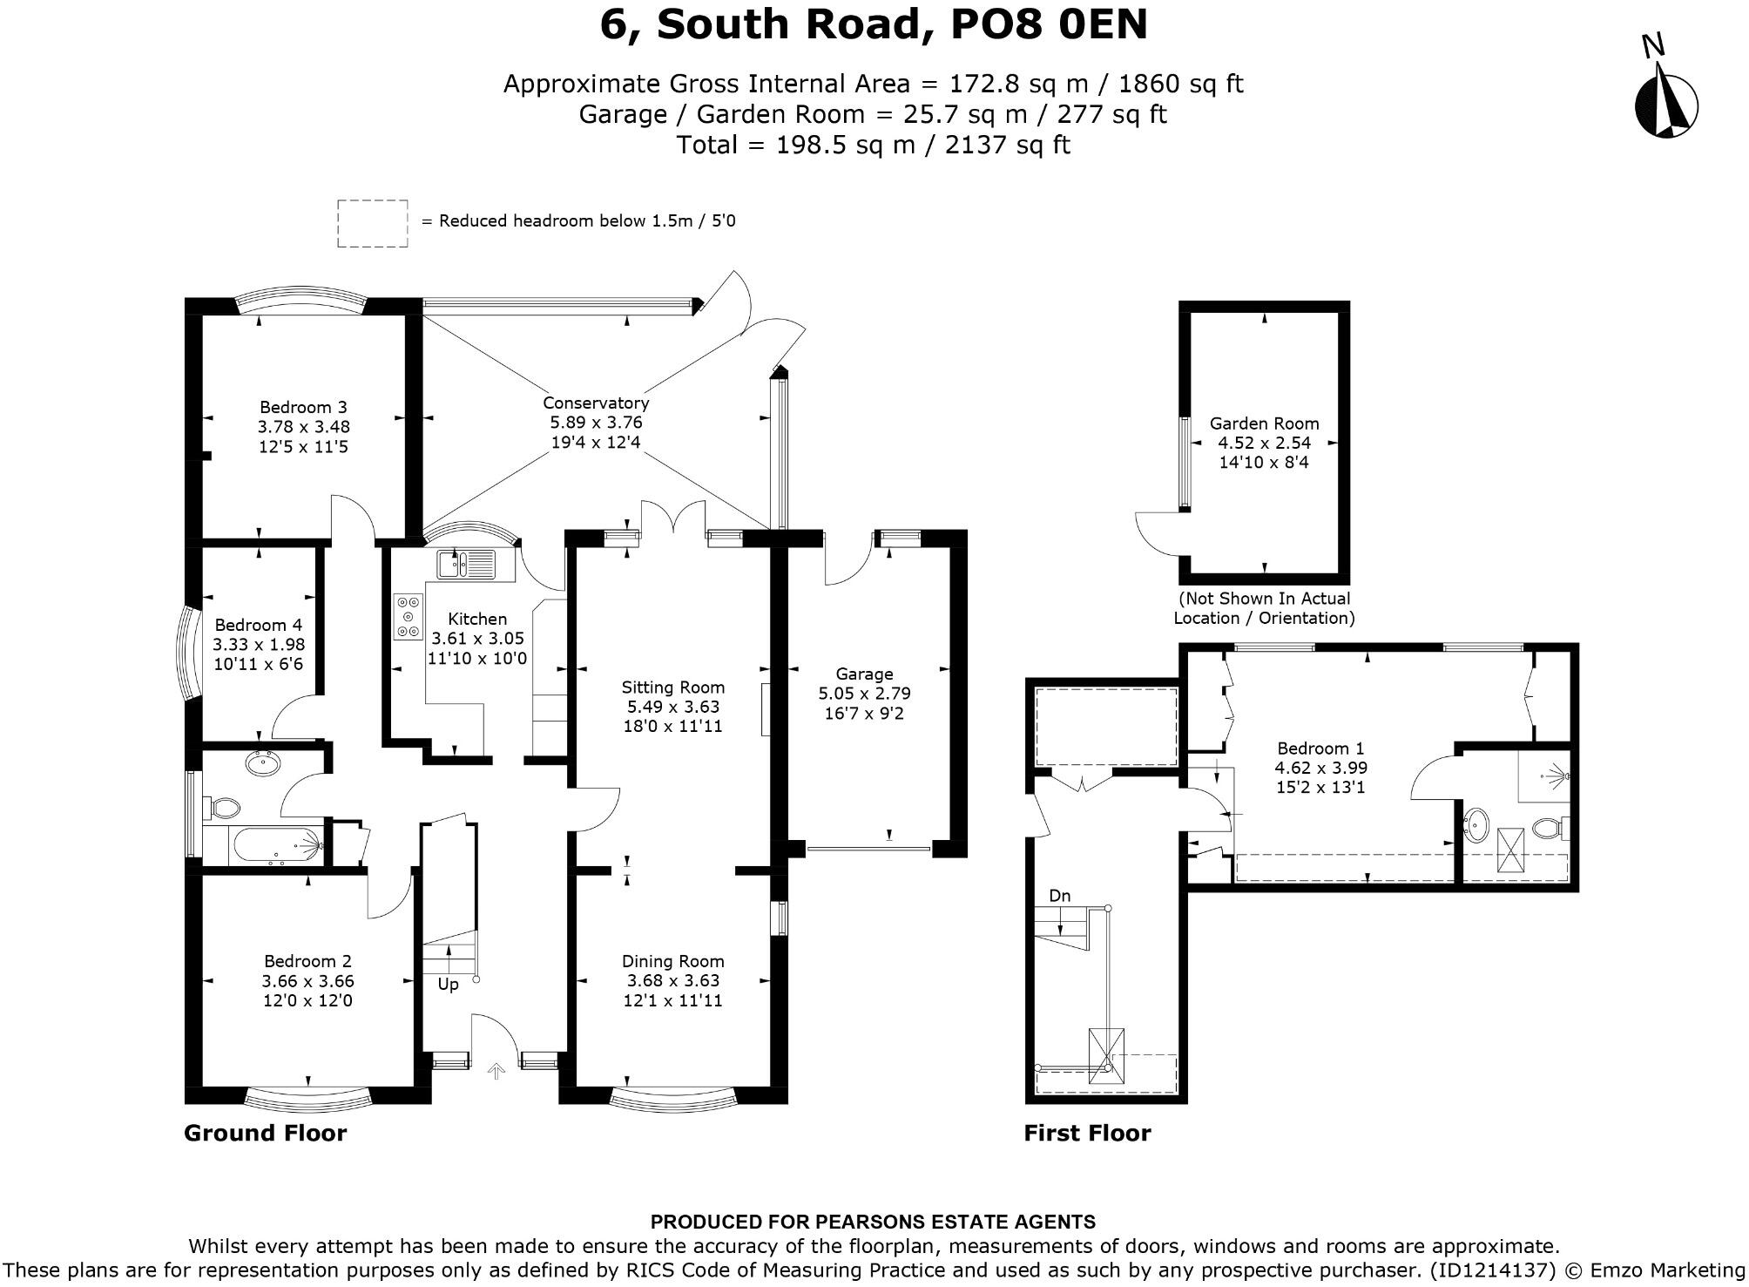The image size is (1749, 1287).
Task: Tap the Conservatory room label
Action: coord(596,403)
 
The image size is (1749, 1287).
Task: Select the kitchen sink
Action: coord(469,565)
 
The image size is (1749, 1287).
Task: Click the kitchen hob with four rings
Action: coord(408,617)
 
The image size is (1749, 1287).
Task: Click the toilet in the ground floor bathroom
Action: coord(224,807)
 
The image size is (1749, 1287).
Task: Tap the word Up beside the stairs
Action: coord(448,985)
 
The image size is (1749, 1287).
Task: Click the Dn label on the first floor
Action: coord(1059,896)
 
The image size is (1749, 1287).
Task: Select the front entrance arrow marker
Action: coord(496,1072)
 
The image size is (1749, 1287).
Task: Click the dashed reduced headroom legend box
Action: coord(373,224)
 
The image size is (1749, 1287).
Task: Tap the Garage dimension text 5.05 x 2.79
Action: coord(864,694)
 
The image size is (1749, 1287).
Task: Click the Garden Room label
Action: coord(1264,423)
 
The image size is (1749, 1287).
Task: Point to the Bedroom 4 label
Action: coord(259,625)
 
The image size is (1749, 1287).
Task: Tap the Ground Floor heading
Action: coord(265,1133)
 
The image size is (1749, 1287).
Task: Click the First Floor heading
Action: coord(1087,1133)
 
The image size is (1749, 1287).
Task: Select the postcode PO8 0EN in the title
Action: coord(1048,24)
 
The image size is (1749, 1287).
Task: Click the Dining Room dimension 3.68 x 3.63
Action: coord(672,981)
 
